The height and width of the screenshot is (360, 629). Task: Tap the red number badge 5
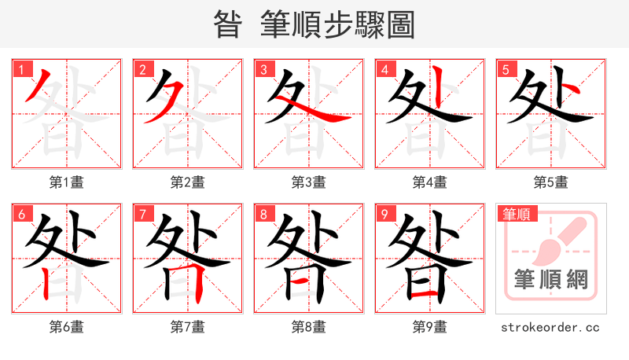tap(506, 70)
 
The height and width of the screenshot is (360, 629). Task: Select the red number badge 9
tap(385, 215)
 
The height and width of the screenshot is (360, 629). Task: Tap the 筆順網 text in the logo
tap(550, 280)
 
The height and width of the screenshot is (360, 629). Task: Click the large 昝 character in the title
tap(228, 25)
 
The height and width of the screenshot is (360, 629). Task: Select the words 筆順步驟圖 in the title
tap(338, 25)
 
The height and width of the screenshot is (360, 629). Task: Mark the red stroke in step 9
tap(425, 293)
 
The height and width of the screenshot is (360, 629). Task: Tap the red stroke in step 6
tap(48, 283)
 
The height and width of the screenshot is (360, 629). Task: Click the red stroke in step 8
tap(303, 278)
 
